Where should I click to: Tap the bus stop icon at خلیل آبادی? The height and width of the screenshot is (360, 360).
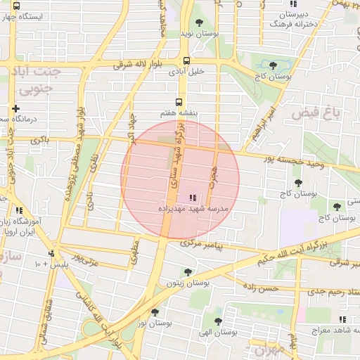[186, 60]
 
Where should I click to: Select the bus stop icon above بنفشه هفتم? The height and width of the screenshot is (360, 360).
[181, 101]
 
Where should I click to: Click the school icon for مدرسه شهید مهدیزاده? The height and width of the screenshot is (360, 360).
[193, 198]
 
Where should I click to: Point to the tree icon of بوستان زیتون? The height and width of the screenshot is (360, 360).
[187, 272]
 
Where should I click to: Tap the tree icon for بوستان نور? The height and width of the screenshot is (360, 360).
[155, 311]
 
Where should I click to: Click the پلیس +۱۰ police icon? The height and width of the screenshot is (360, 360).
[51, 253]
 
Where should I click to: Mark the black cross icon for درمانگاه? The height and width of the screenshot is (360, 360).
[15, 108]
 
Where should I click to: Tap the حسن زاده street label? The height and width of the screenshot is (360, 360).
[259, 288]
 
